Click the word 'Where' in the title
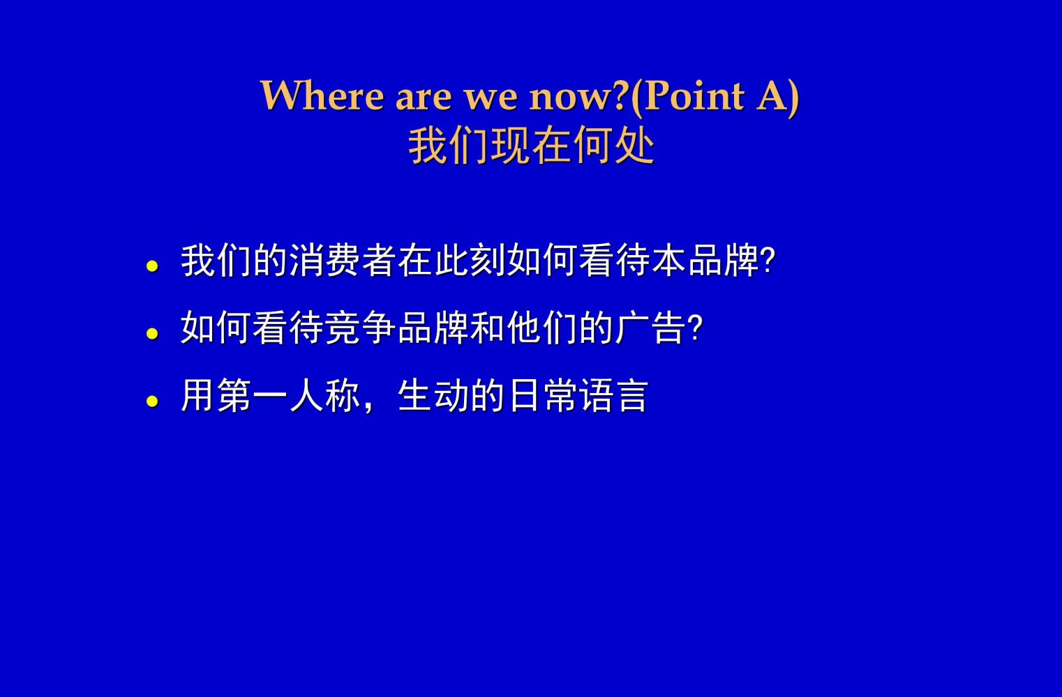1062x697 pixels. [321, 95]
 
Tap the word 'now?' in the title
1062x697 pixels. [578, 96]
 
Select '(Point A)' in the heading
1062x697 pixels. [715, 96]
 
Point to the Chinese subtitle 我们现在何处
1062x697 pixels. [531, 146]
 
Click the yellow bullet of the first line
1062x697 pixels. [152, 266]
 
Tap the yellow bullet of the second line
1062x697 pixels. [152, 333]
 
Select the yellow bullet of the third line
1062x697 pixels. [152, 401]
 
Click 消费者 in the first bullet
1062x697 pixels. [343, 261]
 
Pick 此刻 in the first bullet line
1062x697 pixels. [470, 261]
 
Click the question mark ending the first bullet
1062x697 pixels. [768, 261]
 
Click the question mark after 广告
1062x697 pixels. [695, 328]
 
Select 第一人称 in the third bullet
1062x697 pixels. [288, 395]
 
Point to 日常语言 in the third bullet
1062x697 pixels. [578, 395]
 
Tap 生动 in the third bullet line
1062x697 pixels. [433, 395]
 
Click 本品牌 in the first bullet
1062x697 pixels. [705, 261]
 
